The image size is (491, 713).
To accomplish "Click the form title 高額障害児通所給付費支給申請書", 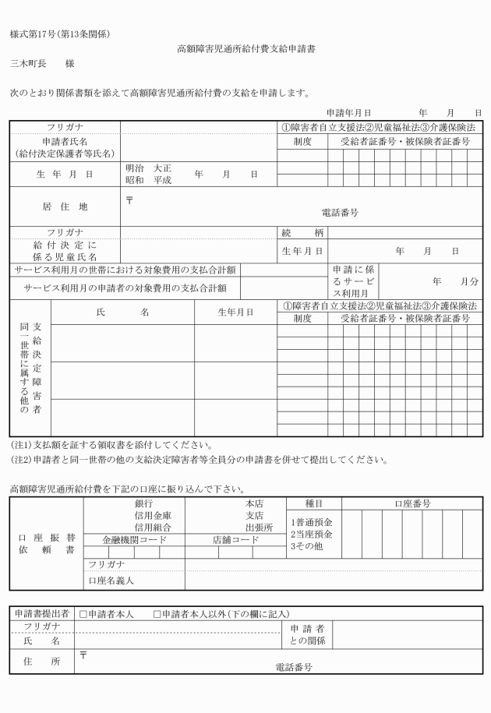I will [x=245, y=48].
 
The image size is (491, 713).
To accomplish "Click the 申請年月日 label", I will [x=348, y=113].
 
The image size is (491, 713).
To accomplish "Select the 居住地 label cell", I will [x=65, y=206].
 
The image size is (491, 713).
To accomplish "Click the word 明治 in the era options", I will [x=136, y=168].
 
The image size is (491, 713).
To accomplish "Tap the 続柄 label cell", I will [x=302, y=232].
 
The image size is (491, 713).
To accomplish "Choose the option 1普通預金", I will [x=311, y=522].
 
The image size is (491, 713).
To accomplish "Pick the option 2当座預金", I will [x=311, y=534].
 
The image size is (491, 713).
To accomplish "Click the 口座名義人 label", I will [x=111, y=580].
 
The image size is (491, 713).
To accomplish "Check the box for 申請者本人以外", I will [x=157, y=615].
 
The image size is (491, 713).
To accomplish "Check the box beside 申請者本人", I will [x=83, y=615].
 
